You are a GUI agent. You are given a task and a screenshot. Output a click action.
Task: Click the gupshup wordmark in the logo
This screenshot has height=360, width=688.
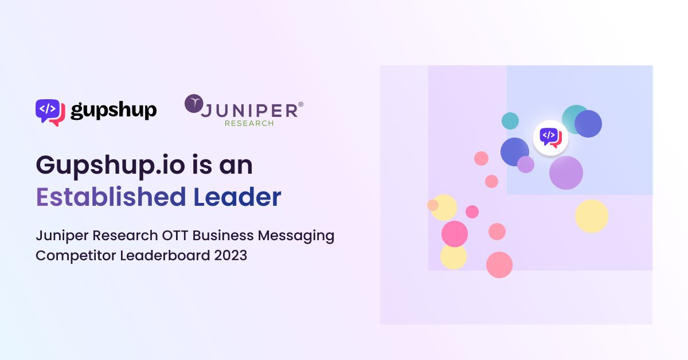(x=114, y=110)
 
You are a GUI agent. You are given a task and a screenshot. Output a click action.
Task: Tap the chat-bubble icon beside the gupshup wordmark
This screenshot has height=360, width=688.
(x=50, y=112)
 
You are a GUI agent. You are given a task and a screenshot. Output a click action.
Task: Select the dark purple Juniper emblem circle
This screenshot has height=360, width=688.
(x=194, y=103)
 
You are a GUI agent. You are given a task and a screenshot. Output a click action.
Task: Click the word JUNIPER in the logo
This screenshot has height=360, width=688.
(x=249, y=111)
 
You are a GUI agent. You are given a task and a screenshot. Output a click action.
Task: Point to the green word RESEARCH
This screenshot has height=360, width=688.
(x=249, y=123)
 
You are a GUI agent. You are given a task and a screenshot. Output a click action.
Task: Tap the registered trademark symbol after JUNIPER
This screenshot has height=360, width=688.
(x=300, y=104)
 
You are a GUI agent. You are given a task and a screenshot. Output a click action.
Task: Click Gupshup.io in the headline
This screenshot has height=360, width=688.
(x=111, y=166)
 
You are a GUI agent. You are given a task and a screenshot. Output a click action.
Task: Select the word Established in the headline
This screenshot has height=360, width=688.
(x=111, y=197)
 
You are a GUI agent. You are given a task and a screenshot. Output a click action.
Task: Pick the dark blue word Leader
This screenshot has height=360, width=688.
(x=237, y=197)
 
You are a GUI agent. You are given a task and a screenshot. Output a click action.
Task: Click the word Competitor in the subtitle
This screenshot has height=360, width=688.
(x=76, y=256)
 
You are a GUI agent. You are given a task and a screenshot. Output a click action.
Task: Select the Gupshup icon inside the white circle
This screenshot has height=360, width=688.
(x=551, y=138)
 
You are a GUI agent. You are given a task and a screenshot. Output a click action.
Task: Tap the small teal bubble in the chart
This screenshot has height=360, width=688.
(x=510, y=121)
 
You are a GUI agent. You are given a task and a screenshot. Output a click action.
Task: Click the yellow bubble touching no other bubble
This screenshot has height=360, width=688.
(x=592, y=216)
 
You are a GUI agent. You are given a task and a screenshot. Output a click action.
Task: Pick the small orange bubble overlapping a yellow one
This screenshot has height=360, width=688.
(x=433, y=205)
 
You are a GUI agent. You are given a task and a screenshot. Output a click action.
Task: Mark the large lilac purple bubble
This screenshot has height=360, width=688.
(x=566, y=173)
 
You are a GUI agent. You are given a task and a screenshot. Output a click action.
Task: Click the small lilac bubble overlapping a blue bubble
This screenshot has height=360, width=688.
(x=526, y=165)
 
